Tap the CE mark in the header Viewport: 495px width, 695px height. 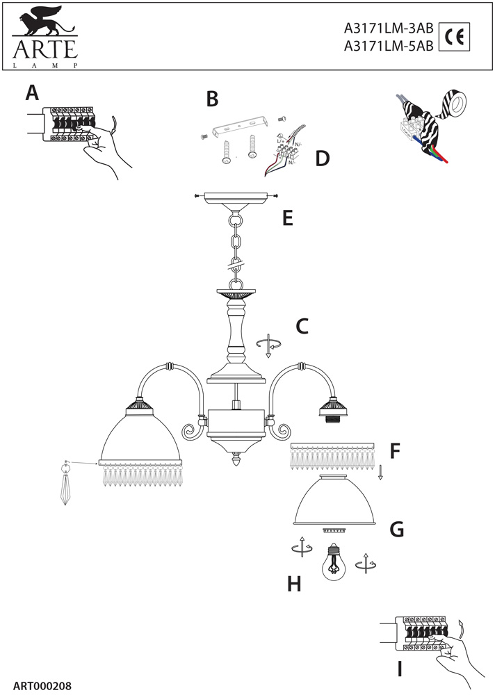point(455,38)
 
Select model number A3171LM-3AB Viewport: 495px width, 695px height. point(389,29)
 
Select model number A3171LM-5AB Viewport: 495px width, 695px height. point(389,47)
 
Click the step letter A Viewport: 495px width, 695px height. point(32,92)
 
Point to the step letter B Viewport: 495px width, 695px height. point(212,99)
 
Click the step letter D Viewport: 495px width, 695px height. point(321,158)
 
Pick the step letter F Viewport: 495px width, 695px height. point(395,452)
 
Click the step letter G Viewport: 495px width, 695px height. point(396,530)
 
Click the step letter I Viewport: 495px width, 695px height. point(400,669)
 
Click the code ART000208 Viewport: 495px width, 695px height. point(42,685)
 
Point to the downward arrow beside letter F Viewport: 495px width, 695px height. point(380,473)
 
